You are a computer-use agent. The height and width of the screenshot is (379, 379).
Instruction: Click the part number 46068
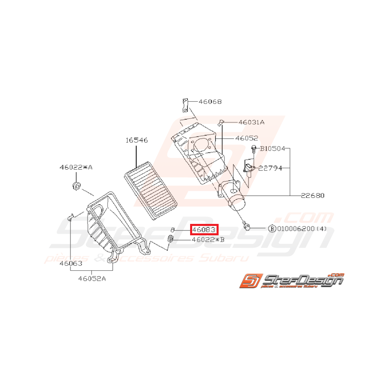tap(210, 102)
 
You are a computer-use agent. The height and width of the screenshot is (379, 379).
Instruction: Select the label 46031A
tap(251, 122)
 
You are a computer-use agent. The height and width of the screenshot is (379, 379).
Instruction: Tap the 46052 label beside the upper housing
tap(246, 138)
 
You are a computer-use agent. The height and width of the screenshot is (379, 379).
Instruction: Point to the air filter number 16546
tap(136, 140)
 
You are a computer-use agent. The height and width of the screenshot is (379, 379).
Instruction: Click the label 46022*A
tap(76, 167)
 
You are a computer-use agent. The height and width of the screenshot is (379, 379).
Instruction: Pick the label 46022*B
tap(208, 240)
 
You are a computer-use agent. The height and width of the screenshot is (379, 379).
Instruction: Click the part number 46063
tap(71, 263)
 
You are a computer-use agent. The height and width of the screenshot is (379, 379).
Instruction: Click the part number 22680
tap(313, 195)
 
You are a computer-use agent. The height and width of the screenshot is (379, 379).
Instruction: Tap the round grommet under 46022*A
tap(75, 186)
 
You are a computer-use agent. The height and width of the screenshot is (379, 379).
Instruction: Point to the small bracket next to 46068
tap(184, 105)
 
